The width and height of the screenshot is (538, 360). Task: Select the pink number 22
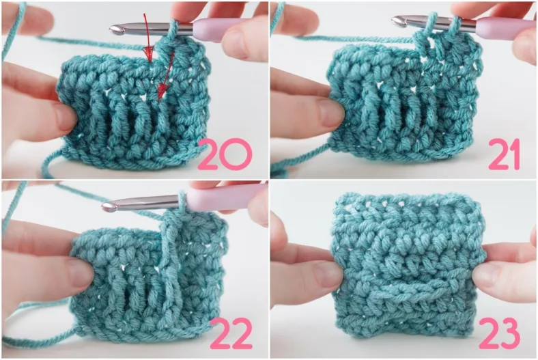pos(231,333)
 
